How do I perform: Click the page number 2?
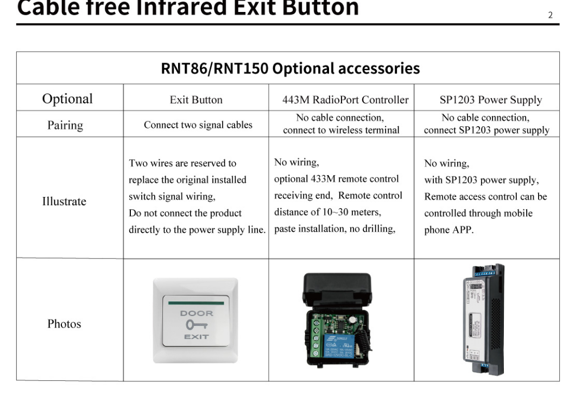[550, 15]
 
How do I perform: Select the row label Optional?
[68, 99]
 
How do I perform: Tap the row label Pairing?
[65, 125]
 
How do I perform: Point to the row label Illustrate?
[64, 201]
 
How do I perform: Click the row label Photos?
[64, 324]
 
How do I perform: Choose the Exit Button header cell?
[196, 100]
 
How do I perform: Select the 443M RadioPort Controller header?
[342, 100]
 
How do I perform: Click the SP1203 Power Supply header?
[490, 100]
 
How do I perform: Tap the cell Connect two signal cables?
[198, 125]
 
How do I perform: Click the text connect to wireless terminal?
[340, 131]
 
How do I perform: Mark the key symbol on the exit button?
[197, 325]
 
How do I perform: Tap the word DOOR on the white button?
[197, 313]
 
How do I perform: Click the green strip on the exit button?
[196, 301]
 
